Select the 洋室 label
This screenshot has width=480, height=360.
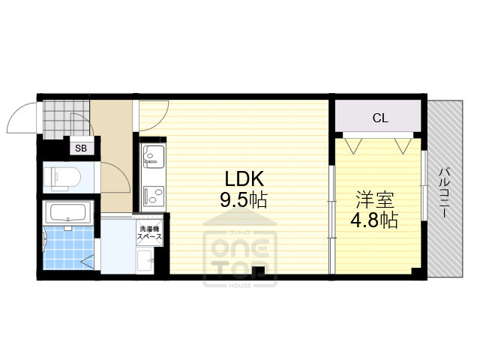click(x=375, y=200)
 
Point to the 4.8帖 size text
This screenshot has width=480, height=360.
click(x=375, y=220)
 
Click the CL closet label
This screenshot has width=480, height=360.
click(x=380, y=118)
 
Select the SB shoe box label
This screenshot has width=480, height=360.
click(x=80, y=148)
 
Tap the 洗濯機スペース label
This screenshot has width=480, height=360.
click(x=147, y=232)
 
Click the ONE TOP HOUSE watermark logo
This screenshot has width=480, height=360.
click(x=240, y=255)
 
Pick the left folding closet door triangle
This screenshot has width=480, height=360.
click(x=355, y=142)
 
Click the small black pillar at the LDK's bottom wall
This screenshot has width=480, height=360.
click(x=259, y=272)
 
